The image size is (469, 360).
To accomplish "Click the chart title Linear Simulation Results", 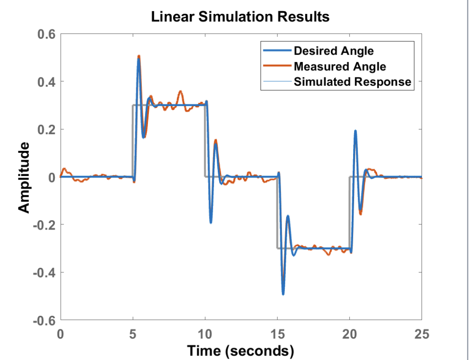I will pyautogui.click(x=240, y=17).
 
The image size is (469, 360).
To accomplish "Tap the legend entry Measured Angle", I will pyautogui.click(x=340, y=66).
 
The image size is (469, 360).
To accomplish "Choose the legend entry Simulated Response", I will pyautogui.click(x=353, y=82).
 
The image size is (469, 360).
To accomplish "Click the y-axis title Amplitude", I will pyautogui.click(x=25, y=177).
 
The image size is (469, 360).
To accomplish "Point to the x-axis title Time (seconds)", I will pyautogui.click(x=240, y=350).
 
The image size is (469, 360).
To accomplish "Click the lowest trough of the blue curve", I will pyautogui.click(x=283, y=294).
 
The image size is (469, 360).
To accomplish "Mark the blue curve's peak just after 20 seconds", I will pyautogui.click(x=355, y=131).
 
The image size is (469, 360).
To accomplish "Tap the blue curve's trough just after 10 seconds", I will pyautogui.click(x=211, y=223).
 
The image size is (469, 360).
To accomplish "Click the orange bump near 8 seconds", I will pyautogui.click(x=181, y=92).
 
